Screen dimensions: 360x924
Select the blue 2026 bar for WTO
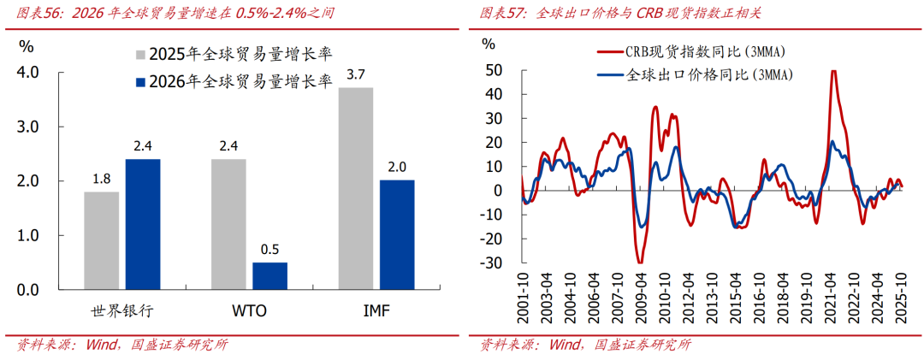269,276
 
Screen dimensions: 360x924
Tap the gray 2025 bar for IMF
355,188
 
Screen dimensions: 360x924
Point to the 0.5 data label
269,250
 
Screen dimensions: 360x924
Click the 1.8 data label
101,180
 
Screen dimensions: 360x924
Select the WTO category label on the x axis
249,310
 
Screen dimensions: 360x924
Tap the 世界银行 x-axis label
121,310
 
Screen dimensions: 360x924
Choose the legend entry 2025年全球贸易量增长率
231,55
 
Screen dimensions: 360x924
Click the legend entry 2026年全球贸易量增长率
231,82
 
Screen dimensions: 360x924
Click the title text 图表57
499,15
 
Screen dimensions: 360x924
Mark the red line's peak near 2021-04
833,71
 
